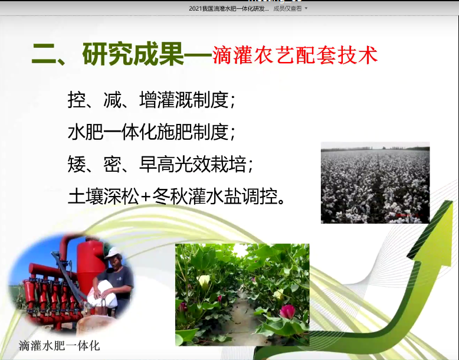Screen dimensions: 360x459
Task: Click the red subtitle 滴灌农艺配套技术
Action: (294, 55)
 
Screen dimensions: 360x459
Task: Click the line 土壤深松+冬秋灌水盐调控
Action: (177, 195)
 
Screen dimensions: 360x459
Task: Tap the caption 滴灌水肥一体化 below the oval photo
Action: (59, 345)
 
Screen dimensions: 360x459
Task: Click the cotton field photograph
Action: (375, 182)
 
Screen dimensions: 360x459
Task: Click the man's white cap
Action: (112, 253)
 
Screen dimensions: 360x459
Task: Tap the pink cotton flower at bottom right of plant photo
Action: (287, 312)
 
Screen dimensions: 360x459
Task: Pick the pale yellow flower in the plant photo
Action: (204, 282)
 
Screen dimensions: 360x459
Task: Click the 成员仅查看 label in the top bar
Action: (287, 8)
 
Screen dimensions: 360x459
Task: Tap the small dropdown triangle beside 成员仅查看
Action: (306, 8)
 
